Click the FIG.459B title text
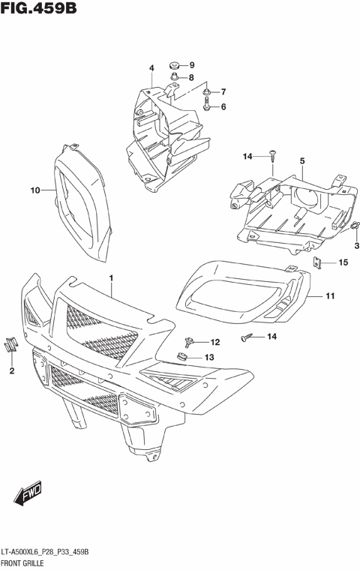pos(38,10)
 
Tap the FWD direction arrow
pos(28,496)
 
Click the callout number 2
pos(12,370)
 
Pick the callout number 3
pos(356,245)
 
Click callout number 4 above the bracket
pos(151,68)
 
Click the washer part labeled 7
pos(205,92)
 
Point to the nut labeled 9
pos(173,64)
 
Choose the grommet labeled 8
pos(173,77)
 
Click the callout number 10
pos(34,190)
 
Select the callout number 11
pos(328,296)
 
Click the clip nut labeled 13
pos(182,356)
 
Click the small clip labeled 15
pos(318,262)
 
